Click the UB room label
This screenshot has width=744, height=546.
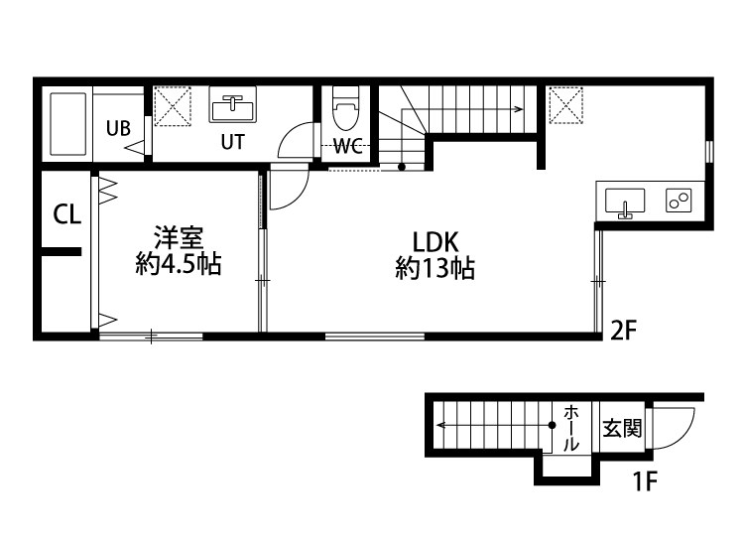click(x=118, y=127)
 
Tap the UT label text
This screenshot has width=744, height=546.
click(x=232, y=141)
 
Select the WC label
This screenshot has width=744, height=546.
click(x=347, y=147)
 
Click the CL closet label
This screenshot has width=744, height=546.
click(x=66, y=214)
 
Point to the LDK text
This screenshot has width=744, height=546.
click(x=434, y=242)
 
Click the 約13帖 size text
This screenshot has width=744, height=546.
click(x=434, y=269)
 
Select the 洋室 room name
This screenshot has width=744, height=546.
click(x=179, y=238)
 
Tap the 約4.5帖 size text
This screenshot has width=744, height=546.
click(x=179, y=265)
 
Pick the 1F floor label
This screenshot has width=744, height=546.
click(x=646, y=483)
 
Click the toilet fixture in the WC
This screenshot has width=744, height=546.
click(x=345, y=108)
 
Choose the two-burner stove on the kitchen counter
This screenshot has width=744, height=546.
click(x=680, y=201)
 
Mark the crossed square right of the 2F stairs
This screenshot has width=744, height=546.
click(x=565, y=104)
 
